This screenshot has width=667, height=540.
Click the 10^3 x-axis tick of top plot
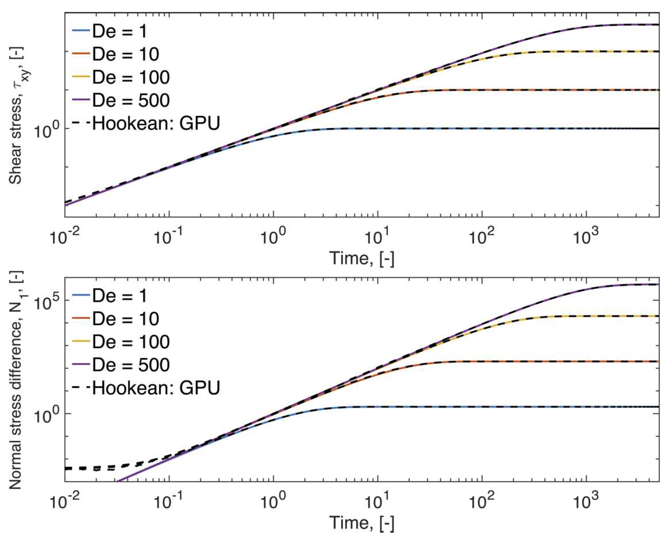point(586,238)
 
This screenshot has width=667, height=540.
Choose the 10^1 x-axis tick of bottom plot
point(377,503)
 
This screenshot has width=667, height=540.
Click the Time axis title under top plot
point(362,258)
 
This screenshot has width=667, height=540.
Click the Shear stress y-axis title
point(16,115)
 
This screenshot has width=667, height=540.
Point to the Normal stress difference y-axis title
point(16,380)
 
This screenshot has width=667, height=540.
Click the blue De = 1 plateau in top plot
point(466,128)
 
